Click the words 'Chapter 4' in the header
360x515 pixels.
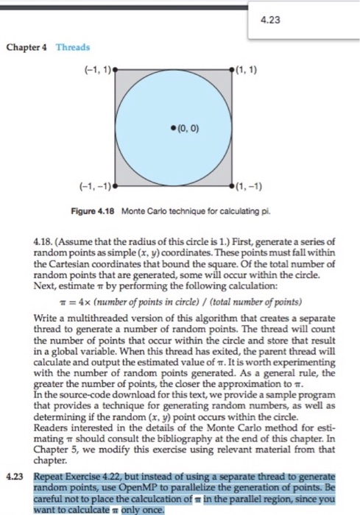(27, 46)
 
